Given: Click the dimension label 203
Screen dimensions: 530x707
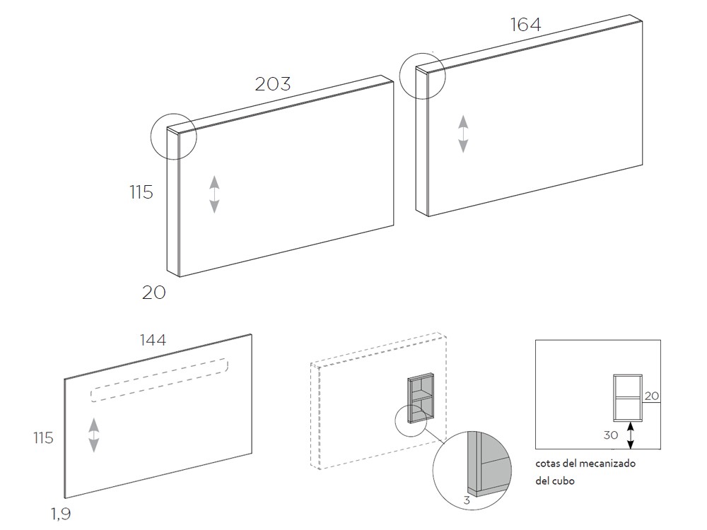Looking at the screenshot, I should pos(273,83).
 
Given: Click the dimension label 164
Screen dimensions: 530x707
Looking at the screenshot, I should pos(525,25).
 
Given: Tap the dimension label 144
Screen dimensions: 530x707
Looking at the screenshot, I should pos(153,340).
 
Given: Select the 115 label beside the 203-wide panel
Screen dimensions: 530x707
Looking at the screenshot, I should pos(141,192).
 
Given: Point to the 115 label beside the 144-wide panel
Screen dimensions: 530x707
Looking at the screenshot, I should pos(43,438).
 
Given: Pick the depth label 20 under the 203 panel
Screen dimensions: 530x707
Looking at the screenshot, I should pos(153,292).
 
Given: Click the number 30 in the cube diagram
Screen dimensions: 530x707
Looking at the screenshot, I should pos(612,435).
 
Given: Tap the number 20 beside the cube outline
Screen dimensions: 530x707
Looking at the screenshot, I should pos(652,396).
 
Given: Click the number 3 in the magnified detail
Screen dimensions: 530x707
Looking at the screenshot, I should pos(467,500).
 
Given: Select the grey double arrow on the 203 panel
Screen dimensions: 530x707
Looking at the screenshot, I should pos(214,194).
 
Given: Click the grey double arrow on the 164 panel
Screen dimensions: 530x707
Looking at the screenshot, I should pos(463,134).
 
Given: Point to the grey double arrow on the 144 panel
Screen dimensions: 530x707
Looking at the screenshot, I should pos(93,435).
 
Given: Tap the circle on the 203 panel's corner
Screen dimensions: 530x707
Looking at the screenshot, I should pos(174,136).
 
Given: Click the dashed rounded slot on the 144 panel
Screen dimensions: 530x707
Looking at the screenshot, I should pos(159,379).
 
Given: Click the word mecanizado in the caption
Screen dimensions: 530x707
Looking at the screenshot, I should pos(605,464).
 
